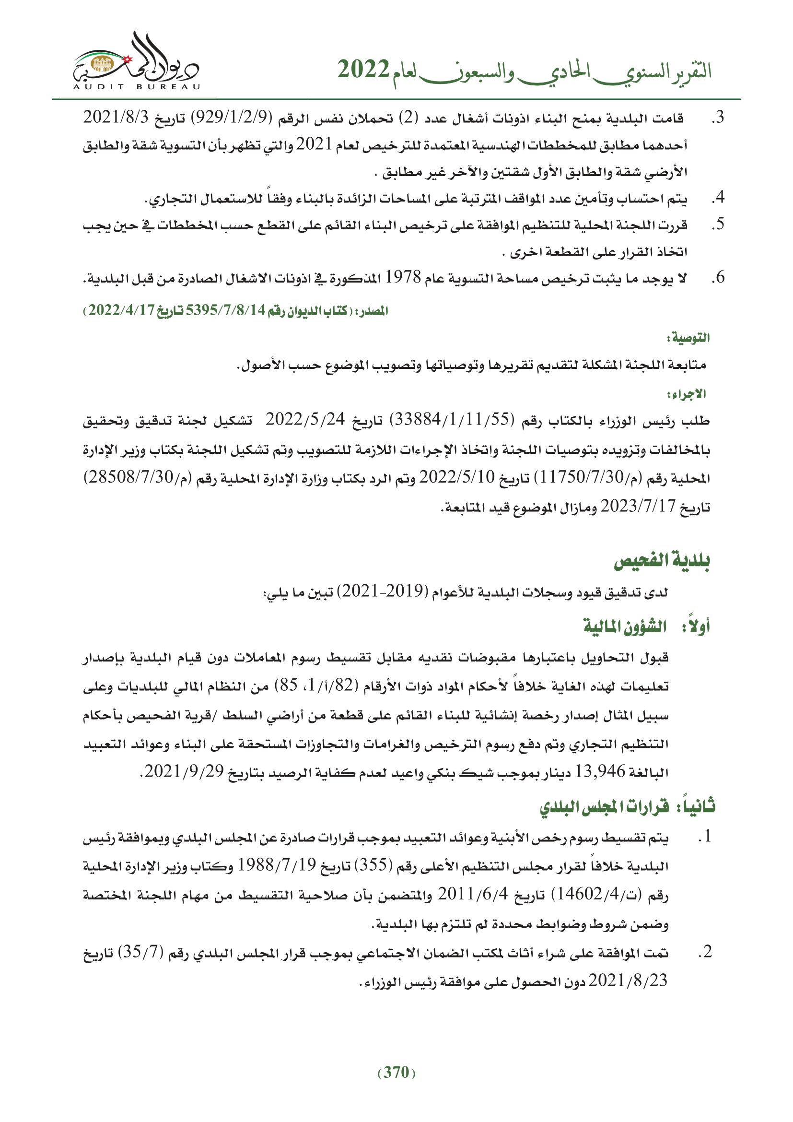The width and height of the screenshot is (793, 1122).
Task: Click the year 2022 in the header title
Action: [x=364, y=70]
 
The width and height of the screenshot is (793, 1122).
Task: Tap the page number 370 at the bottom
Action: [x=396, y=1072]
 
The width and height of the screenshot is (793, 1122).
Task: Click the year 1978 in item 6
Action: [x=403, y=278]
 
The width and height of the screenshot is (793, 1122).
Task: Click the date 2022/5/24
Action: [x=305, y=419]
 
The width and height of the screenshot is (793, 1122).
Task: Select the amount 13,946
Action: [x=600, y=772]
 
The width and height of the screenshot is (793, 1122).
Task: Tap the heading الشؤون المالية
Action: [x=625, y=626]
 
